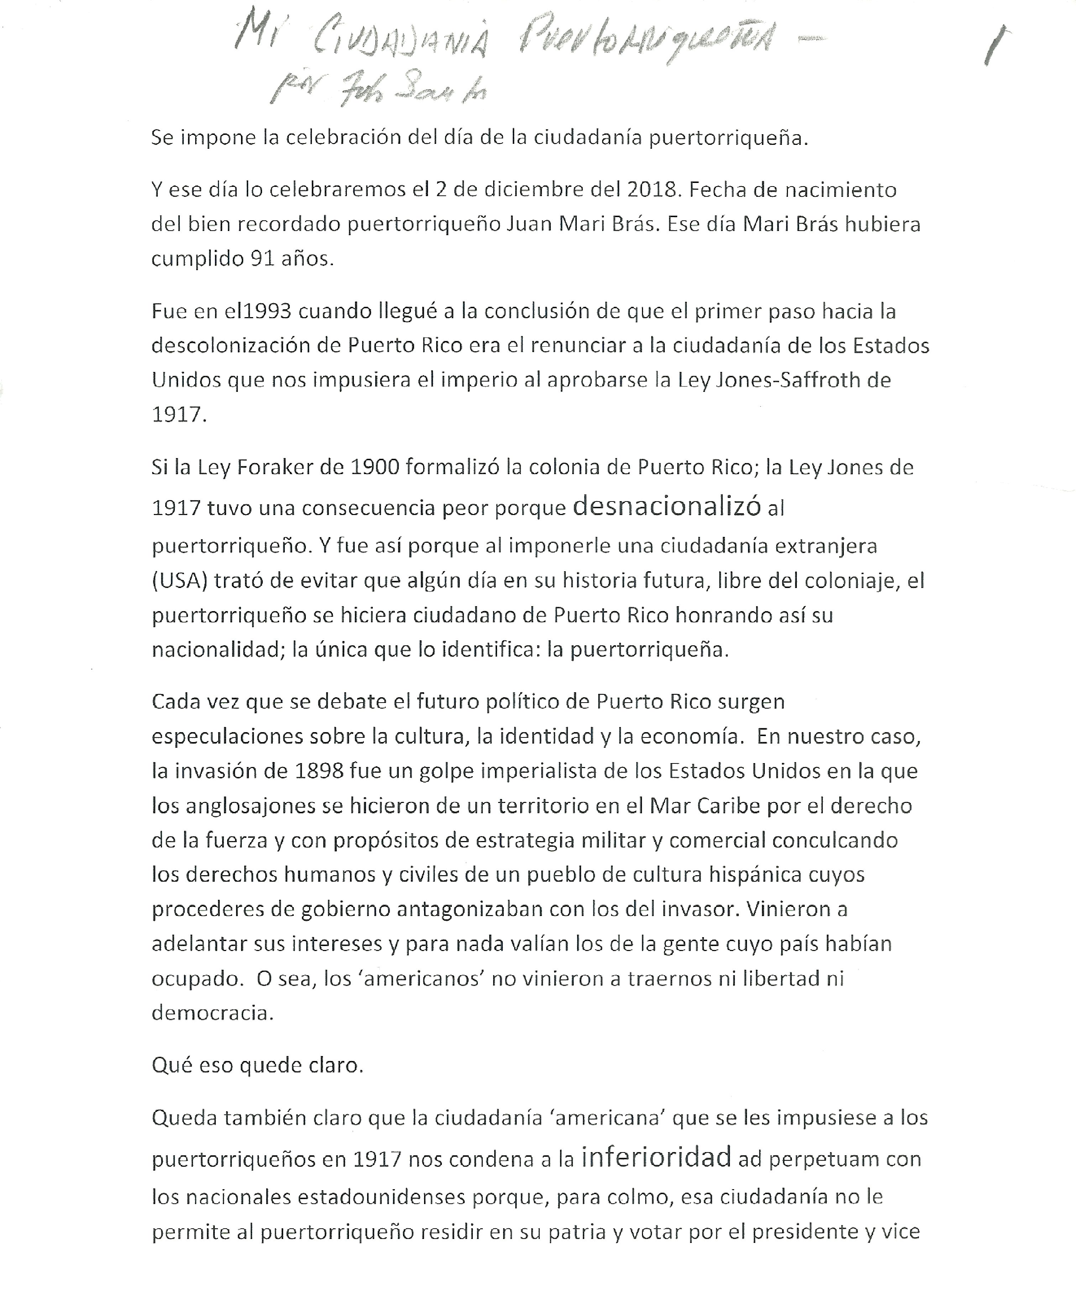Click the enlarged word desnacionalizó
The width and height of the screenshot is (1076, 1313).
click(666, 506)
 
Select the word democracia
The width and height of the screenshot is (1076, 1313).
click(212, 1013)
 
